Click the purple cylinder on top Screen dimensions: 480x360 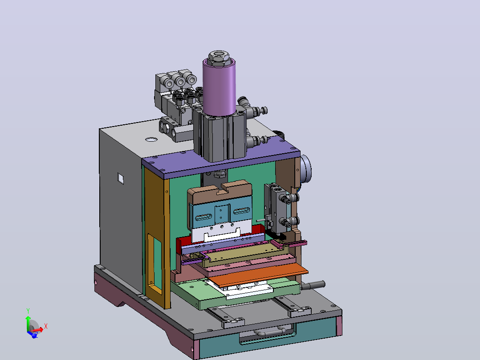pos(219,87)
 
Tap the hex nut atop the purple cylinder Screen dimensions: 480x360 pos(219,57)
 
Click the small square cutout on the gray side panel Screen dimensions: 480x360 pos(121,178)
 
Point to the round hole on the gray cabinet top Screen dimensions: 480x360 pos(151,139)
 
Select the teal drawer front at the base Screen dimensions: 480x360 pos(266,337)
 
